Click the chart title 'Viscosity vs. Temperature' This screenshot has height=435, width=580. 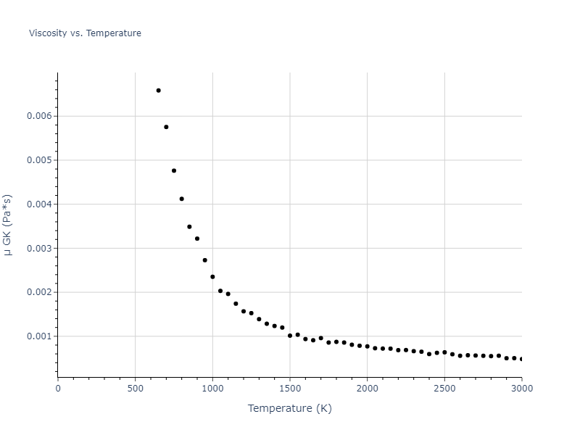(85, 33)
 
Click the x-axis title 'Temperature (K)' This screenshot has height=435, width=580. (289, 408)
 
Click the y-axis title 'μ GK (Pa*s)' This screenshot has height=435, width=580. (8, 225)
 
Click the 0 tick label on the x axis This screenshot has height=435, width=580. (58, 388)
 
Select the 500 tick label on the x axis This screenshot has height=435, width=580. (135, 388)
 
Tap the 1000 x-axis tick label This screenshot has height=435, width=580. (212, 388)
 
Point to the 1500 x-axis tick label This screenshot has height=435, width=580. (290, 388)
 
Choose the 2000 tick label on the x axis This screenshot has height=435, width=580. (367, 388)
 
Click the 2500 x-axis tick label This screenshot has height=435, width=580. (444, 388)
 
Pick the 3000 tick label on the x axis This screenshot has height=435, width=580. (521, 388)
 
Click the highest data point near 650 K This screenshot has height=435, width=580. (158, 91)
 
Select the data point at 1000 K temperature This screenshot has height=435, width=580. (212, 277)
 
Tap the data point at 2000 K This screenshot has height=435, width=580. (367, 347)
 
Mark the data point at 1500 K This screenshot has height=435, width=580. (290, 336)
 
